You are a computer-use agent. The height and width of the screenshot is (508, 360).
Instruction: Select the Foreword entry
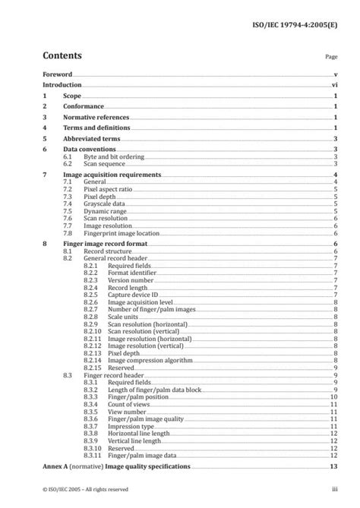[x=57, y=75]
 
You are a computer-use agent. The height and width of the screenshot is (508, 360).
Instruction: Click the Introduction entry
[x=62, y=87]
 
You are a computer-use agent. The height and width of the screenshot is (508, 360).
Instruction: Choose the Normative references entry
[x=96, y=118]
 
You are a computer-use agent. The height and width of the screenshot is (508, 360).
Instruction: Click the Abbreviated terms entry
[x=91, y=140]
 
